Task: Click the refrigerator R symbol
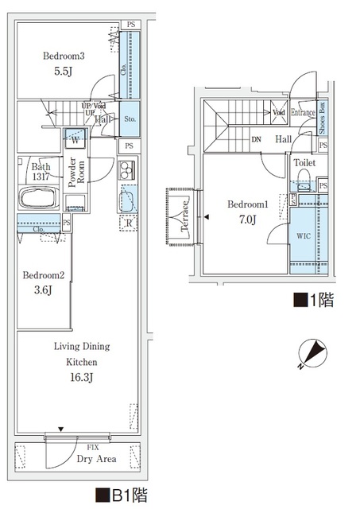(x=128, y=223)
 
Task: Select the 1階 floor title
(x=314, y=300)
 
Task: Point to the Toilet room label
(x=304, y=163)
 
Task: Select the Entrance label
(x=303, y=113)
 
